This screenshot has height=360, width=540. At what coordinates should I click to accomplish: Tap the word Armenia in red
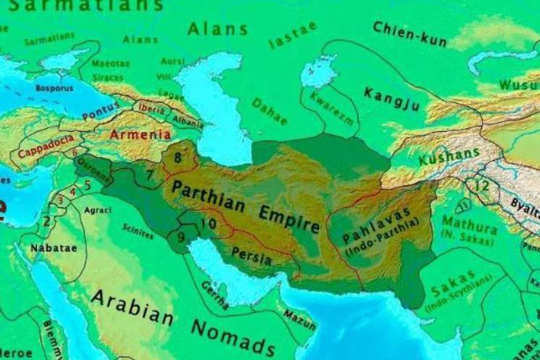click(140, 134)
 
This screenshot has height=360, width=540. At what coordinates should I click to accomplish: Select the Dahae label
click(269, 111)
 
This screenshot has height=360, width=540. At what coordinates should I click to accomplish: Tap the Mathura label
click(469, 221)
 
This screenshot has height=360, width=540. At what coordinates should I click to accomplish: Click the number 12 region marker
click(482, 185)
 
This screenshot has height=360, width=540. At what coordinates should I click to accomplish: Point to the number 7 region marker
click(150, 175)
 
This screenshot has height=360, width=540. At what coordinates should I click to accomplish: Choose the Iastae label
click(292, 35)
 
